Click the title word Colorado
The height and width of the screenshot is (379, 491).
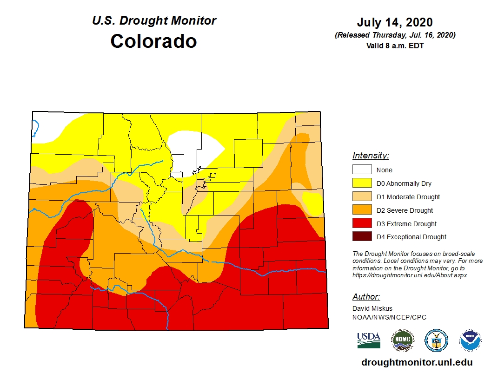pos(153,41)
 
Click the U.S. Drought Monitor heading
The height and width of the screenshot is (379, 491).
pos(154,21)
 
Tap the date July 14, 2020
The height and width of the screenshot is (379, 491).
pos(395,22)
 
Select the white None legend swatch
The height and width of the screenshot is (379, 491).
pos(362,170)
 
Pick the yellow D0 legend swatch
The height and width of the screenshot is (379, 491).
pos(362,183)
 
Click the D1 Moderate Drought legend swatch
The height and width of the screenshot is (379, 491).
pos(362,197)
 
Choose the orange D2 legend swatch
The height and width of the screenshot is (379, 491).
pos(362,210)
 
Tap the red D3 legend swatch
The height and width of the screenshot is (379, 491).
pos(362,224)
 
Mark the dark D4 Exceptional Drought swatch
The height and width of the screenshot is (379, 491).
pos(362,237)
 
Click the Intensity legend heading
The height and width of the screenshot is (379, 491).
pos(371,156)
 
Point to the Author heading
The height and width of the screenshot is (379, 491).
pos(366,297)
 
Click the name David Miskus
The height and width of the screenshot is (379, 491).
pos(372,308)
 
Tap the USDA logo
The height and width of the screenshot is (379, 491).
pos(369,340)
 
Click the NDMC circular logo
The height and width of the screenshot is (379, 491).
pos(402,340)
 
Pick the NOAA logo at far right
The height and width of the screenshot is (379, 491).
pos(470,340)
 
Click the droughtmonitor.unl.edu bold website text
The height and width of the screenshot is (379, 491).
pos(417,362)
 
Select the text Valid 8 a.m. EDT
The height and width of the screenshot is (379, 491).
pos(395,46)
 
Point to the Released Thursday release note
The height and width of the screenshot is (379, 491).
pos(395,35)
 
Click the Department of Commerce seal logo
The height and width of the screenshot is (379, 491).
pos(436,340)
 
